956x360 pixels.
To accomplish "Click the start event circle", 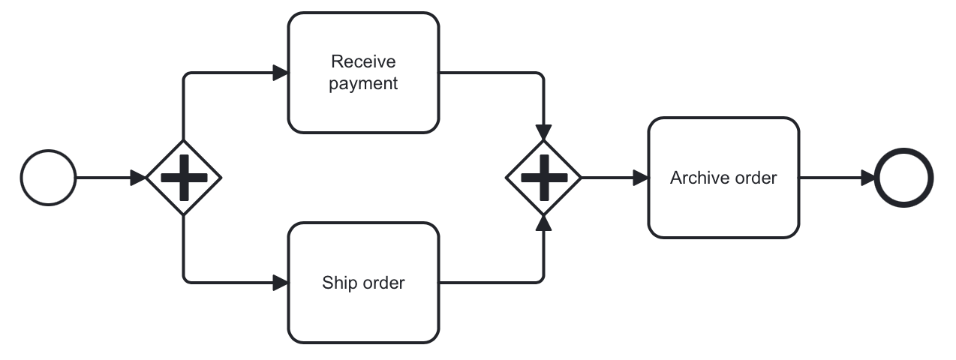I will pos(49,178).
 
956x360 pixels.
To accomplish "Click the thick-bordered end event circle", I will pos(904,178).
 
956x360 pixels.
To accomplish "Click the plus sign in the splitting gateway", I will pos(184,178).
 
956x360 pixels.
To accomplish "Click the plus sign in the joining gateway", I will pos(544,178).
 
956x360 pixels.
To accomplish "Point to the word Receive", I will pos(363,61).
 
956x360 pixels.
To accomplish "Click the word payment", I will pos(363,83).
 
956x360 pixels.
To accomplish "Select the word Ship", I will pos(337,283).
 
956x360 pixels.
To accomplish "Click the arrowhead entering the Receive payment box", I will pos(281,73).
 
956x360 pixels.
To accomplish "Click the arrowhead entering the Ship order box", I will pos(281,283).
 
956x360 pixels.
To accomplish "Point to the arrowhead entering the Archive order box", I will pos(640,178).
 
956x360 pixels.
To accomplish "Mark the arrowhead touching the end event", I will pos(867,178).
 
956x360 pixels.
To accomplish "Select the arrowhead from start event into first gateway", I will pos(138,178).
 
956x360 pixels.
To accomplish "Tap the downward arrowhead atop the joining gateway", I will pos(544,132).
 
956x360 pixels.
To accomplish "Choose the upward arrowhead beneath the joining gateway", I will pos(544,223).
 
